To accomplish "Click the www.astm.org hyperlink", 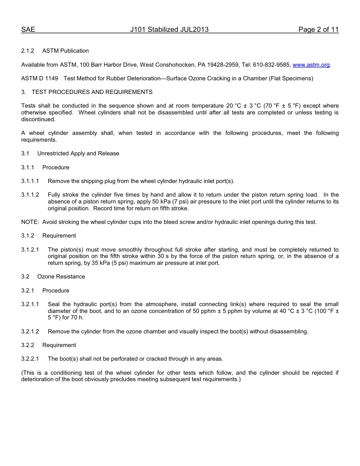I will point(311,65).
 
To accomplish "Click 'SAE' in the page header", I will point(28,30).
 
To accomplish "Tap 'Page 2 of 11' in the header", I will point(318,30).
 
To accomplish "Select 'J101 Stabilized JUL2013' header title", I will point(169,30).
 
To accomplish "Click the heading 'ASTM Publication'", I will point(66,51).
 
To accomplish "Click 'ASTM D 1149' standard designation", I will point(39,78).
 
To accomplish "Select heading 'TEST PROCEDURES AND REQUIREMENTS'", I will point(92,92).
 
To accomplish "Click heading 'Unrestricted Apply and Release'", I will point(78,153).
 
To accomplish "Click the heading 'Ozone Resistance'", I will point(61,277).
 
